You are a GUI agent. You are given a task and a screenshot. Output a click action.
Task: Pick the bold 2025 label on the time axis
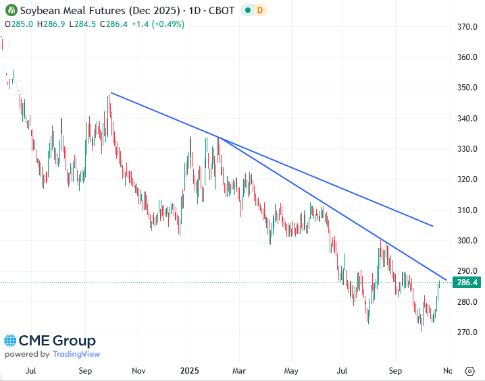point(189,371)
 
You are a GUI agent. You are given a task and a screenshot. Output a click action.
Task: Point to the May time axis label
point(291,371)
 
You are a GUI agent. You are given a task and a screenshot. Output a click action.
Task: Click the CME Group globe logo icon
point(11,341)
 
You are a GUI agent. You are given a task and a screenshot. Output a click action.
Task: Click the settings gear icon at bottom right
point(469,371)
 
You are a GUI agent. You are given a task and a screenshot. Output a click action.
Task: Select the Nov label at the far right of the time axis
point(446,371)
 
